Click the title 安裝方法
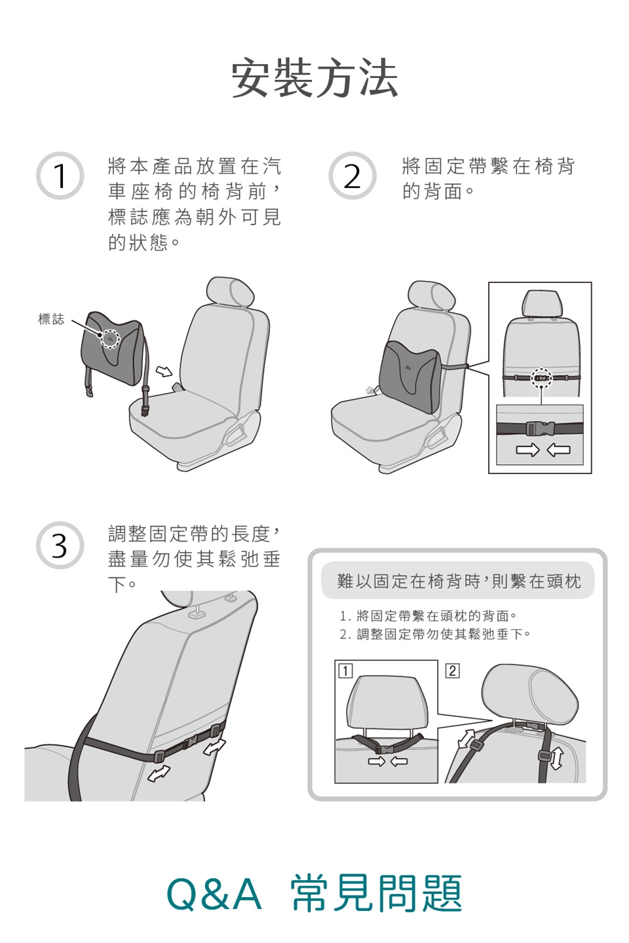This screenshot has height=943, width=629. point(314,79)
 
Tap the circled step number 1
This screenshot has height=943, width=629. point(60,176)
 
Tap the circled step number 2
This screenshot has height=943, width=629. point(353,176)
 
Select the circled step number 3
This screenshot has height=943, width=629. point(60,545)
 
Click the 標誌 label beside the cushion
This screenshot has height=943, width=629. point(51,319)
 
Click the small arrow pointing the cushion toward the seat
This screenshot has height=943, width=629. point(164,371)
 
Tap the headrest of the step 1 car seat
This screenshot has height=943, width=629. point(229,293)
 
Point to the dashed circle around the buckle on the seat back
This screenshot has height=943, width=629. point(541,379)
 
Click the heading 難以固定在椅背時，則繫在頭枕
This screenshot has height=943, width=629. point(459,582)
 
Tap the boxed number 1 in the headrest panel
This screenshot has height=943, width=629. point(345,671)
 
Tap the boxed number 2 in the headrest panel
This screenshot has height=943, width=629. point(453,671)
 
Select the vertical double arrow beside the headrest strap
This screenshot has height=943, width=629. point(556,758)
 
